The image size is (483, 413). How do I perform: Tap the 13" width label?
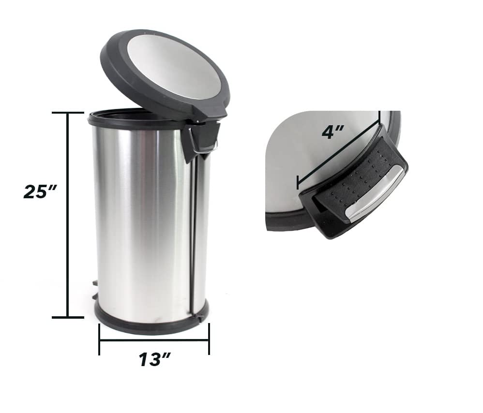(x=154, y=359)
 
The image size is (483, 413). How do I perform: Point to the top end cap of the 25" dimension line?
(x=68, y=113)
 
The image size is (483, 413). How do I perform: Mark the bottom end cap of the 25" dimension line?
(x=68, y=317)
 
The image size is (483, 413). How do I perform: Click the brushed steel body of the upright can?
(x=140, y=218)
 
